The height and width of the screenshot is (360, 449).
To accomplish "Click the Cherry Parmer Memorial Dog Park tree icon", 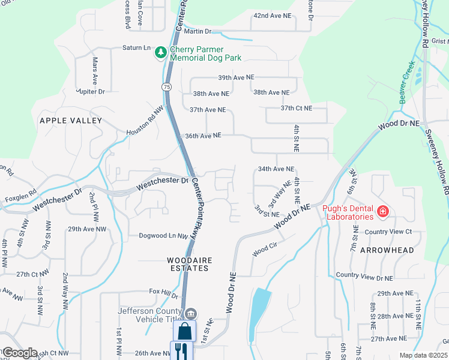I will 160,53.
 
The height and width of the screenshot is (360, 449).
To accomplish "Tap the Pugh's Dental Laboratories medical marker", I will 383,211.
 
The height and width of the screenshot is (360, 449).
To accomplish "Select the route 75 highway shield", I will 166,87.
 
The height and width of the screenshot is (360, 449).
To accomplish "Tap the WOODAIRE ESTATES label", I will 188,264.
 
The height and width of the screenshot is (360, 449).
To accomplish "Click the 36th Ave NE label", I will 203,136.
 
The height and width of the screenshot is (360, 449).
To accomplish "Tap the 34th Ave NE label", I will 276,169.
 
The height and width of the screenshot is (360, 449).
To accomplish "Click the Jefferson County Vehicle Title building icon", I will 191,313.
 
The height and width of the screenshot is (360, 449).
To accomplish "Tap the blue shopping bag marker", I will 184,331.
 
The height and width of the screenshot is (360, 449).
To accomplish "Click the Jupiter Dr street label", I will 90,91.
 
